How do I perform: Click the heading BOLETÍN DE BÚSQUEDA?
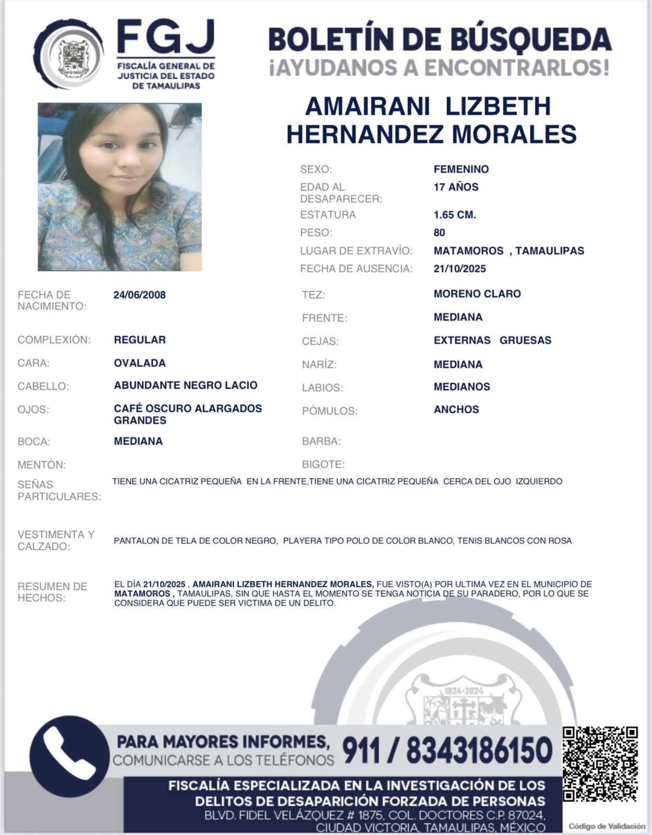pos(440,40)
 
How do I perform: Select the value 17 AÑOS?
pos(456,187)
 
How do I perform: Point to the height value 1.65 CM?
pos(455,214)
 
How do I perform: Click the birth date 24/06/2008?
pos(139,295)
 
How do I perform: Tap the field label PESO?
pos(316,233)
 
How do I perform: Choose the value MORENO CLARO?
pos(477,294)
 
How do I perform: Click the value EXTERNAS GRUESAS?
pos(492,340)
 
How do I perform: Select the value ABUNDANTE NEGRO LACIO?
pos(186,385)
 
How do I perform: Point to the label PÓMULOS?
pos(330,411)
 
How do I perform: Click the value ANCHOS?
pos(456,410)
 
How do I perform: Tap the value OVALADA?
pos(140,363)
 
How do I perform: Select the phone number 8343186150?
pos(479,750)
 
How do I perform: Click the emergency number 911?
pos(361,750)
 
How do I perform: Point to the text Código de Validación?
pos(607,826)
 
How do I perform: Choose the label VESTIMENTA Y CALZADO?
pos(56,540)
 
